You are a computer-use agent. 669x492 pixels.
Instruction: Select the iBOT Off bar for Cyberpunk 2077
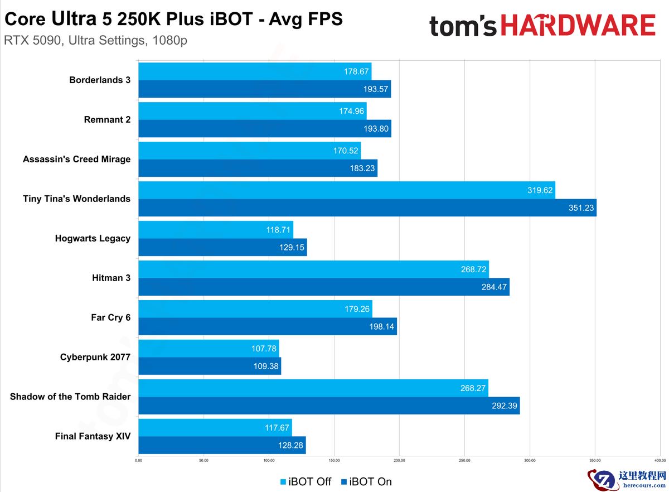point(208,349)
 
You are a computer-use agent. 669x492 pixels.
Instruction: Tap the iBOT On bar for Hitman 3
point(323,287)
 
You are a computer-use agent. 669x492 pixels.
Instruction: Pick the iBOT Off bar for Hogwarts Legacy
point(215,230)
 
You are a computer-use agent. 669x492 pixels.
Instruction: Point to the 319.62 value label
point(540,190)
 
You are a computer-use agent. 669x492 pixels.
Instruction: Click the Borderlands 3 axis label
point(100,80)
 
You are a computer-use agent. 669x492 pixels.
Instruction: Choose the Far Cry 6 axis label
point(110,317)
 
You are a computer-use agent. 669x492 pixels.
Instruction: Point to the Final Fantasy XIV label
point(93,436)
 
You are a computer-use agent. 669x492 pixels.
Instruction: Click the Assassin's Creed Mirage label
point(76,159)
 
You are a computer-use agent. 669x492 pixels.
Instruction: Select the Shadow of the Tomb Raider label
point(70,397)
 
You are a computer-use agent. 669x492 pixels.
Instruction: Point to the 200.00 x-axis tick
point(399,461)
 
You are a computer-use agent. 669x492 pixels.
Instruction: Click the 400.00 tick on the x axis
point(660,461)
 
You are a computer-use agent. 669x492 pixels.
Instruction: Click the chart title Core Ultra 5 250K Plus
point(173,20)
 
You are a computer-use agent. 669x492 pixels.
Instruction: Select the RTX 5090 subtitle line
point(95,41)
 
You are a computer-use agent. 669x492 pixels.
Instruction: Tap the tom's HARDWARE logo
point(542,26)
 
